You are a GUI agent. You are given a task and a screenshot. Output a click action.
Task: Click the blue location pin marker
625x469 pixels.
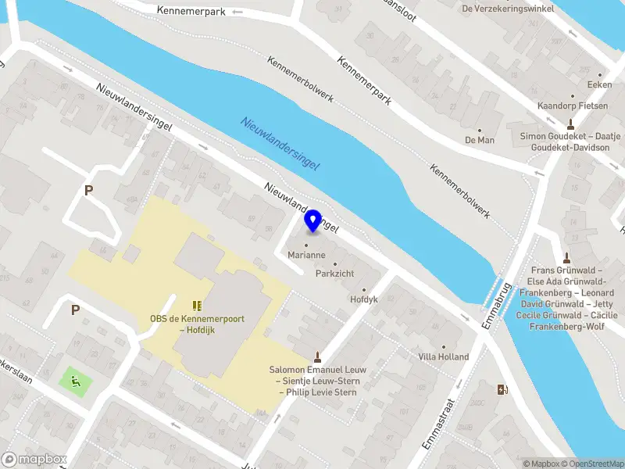313,221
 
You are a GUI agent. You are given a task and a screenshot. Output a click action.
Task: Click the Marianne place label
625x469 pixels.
306,256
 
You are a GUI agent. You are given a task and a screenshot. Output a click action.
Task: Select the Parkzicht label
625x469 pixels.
336,274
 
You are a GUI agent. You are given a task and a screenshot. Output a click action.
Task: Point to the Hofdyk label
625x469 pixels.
364,299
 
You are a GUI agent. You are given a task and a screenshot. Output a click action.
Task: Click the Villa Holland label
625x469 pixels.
443,356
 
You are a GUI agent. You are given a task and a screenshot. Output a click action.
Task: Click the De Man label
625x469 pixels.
480,140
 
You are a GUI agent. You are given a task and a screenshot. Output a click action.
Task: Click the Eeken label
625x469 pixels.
599,84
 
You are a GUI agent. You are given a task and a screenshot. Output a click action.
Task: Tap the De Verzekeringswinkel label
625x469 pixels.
508,9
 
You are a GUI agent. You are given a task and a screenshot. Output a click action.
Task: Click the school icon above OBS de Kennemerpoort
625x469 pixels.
196,305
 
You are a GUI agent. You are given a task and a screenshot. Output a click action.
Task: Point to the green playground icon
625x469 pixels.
76,381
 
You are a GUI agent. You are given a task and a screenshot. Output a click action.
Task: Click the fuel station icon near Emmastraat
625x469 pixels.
501,388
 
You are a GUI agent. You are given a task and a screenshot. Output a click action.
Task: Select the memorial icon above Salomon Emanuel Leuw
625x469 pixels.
317,356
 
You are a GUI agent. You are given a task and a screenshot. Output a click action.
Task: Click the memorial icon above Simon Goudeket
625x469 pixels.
570,123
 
